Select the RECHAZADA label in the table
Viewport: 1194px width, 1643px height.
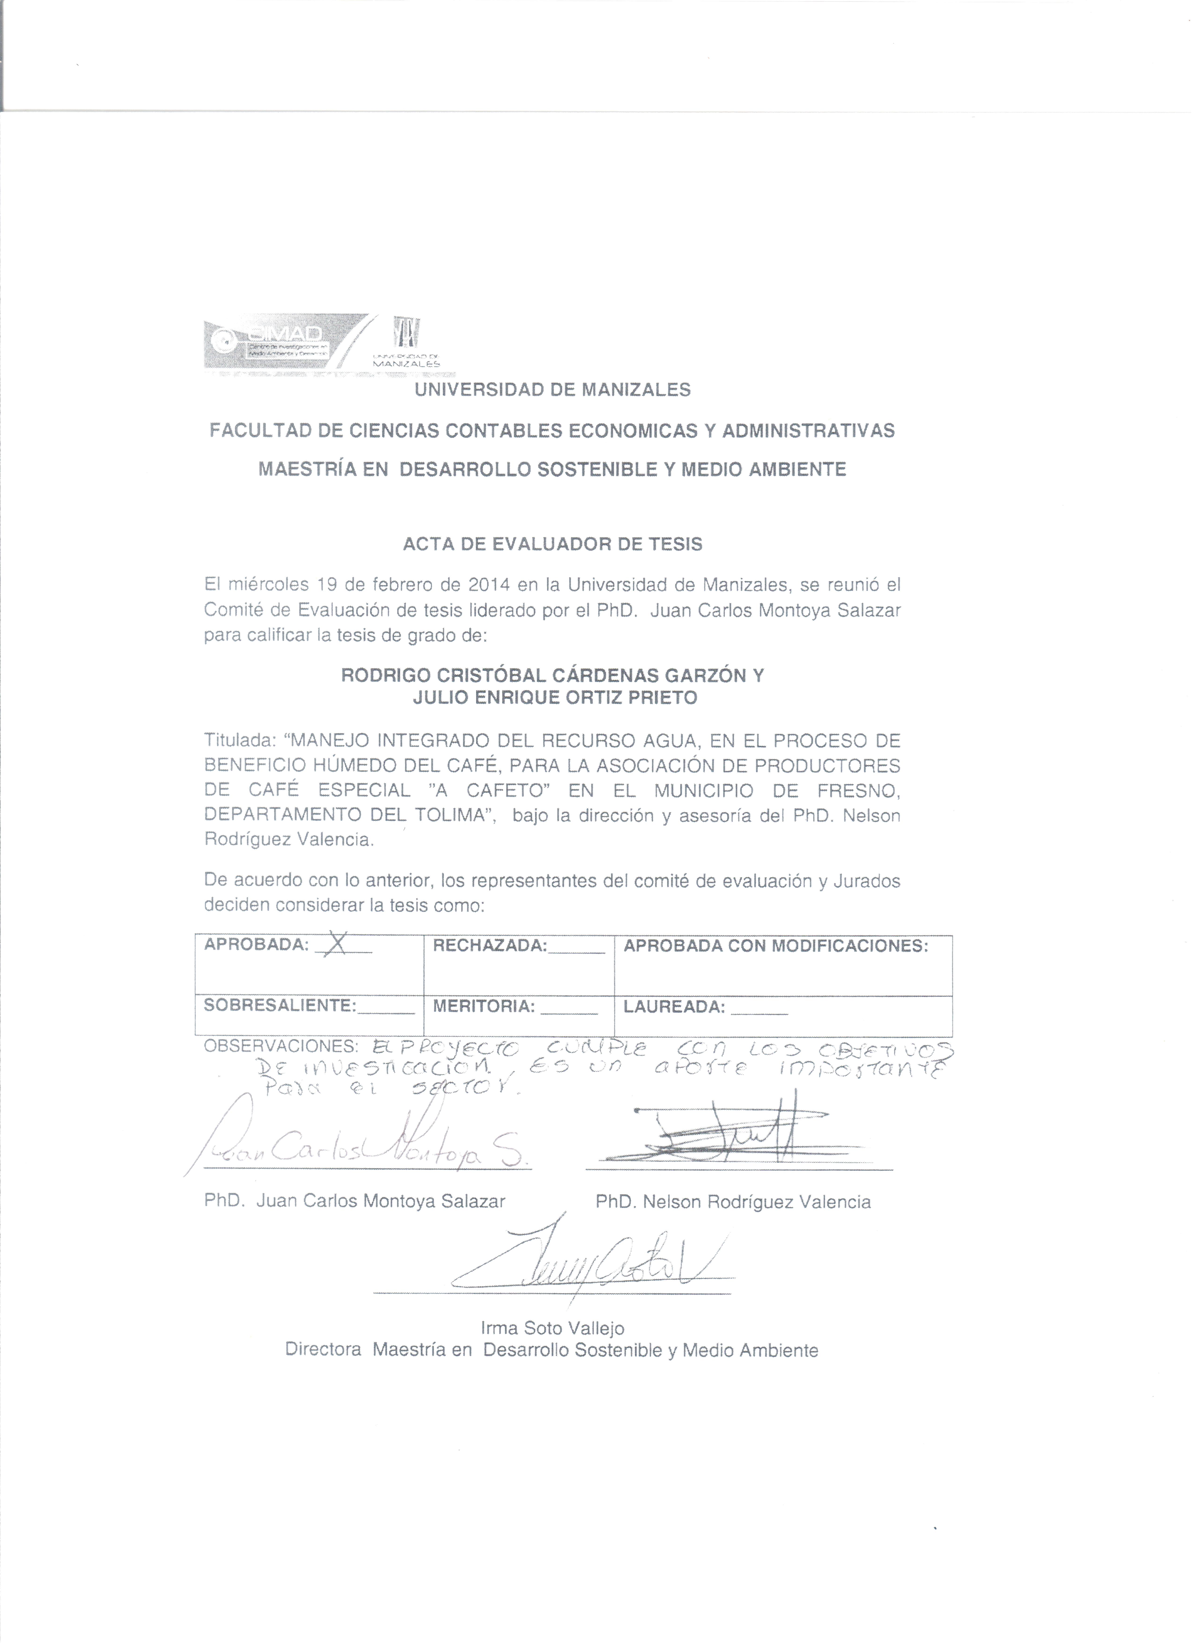point(490,945)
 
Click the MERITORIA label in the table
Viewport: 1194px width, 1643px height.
point(484,1006)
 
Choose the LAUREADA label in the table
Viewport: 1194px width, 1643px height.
point(673,1007)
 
